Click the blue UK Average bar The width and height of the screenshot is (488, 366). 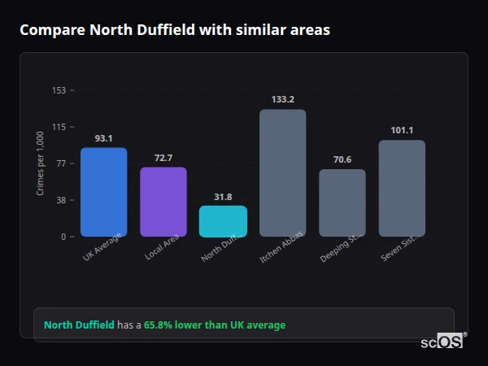[x=103, y=192]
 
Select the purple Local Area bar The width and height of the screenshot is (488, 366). [x=163, y=202]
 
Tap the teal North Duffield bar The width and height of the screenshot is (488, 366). [x=223, y=220]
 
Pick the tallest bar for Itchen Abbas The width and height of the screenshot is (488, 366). [x=282, y=172]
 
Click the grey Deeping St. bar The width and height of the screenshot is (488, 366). [x=342, y=203]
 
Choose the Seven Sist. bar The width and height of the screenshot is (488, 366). [x=402, y=188]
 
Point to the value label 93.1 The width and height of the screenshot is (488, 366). [x=103, y=138]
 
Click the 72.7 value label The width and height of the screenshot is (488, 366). [x=163, y=158]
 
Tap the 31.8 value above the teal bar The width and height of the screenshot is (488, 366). [x=223, y=197]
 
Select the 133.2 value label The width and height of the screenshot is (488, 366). [x=282, y=100]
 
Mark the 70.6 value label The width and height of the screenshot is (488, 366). [x=342, y=160]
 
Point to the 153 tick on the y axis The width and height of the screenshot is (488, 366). [x=59, y=90]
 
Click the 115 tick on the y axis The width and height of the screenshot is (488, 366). [x=59, y=127]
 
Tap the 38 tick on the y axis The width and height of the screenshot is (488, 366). [x=60, y=200]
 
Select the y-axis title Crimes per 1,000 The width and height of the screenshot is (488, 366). [x=41, y=163]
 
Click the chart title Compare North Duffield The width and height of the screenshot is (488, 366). [x=175, y=30]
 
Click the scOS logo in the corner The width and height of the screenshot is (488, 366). [x=442, y=342]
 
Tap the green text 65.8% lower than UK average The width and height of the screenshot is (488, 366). [x=215, y=325]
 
